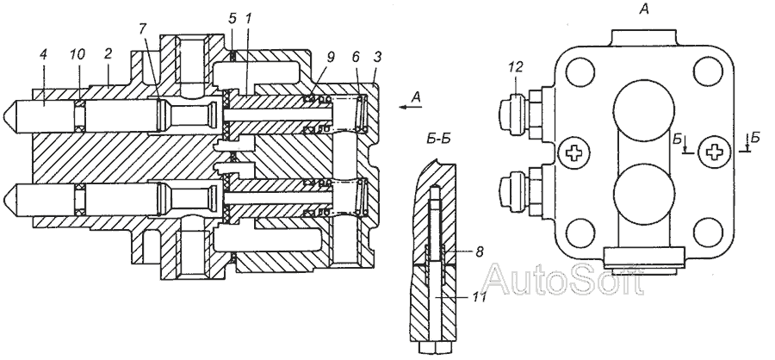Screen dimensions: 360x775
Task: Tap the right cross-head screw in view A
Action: pos(714,154)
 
